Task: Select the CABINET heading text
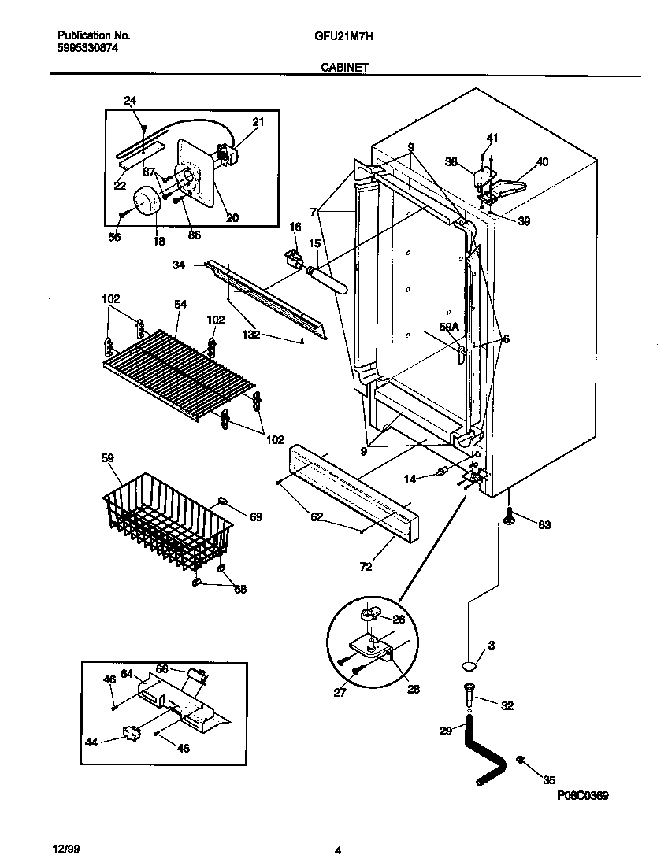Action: [x=344, y=68]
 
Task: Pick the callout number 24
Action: [x=130, y=100]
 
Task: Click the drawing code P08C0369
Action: [x=582, y=796]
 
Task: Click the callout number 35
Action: [x=549, y=780]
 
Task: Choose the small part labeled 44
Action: [x=132, y=735]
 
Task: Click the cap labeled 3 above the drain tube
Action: [x=469, y=668]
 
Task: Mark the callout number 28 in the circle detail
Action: [x=414, y=689]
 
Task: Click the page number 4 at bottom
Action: [x=337, y=849]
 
